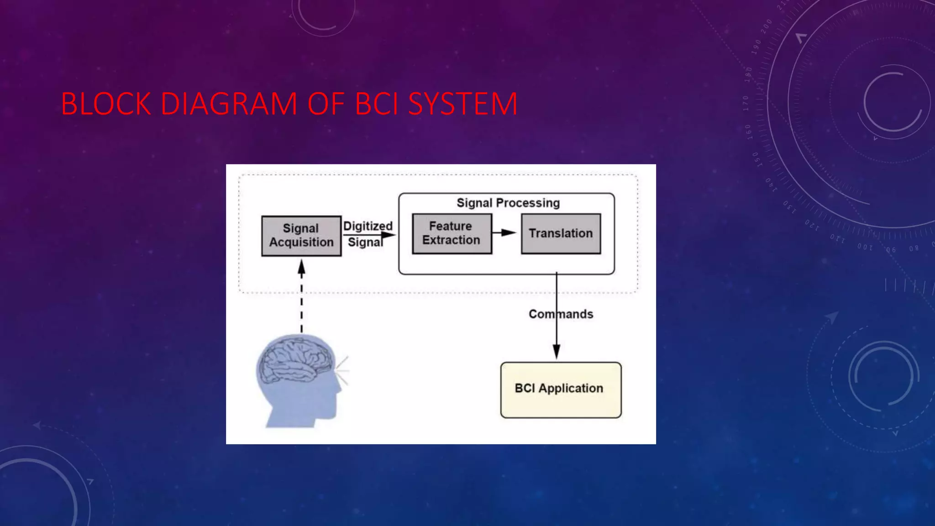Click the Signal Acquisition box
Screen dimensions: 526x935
[301, 236]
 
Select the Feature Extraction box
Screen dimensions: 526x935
[452, 233]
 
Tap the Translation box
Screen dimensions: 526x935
[561, 233]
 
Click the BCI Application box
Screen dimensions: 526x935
[561, 389]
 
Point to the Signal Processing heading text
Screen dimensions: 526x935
[508, 203]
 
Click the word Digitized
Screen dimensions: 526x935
[368, 226]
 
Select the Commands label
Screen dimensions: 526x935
[561, 314]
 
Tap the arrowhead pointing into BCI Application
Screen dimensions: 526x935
[557, 352]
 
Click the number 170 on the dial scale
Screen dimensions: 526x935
[746, 103]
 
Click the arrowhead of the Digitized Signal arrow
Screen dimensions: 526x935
[389, 235]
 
